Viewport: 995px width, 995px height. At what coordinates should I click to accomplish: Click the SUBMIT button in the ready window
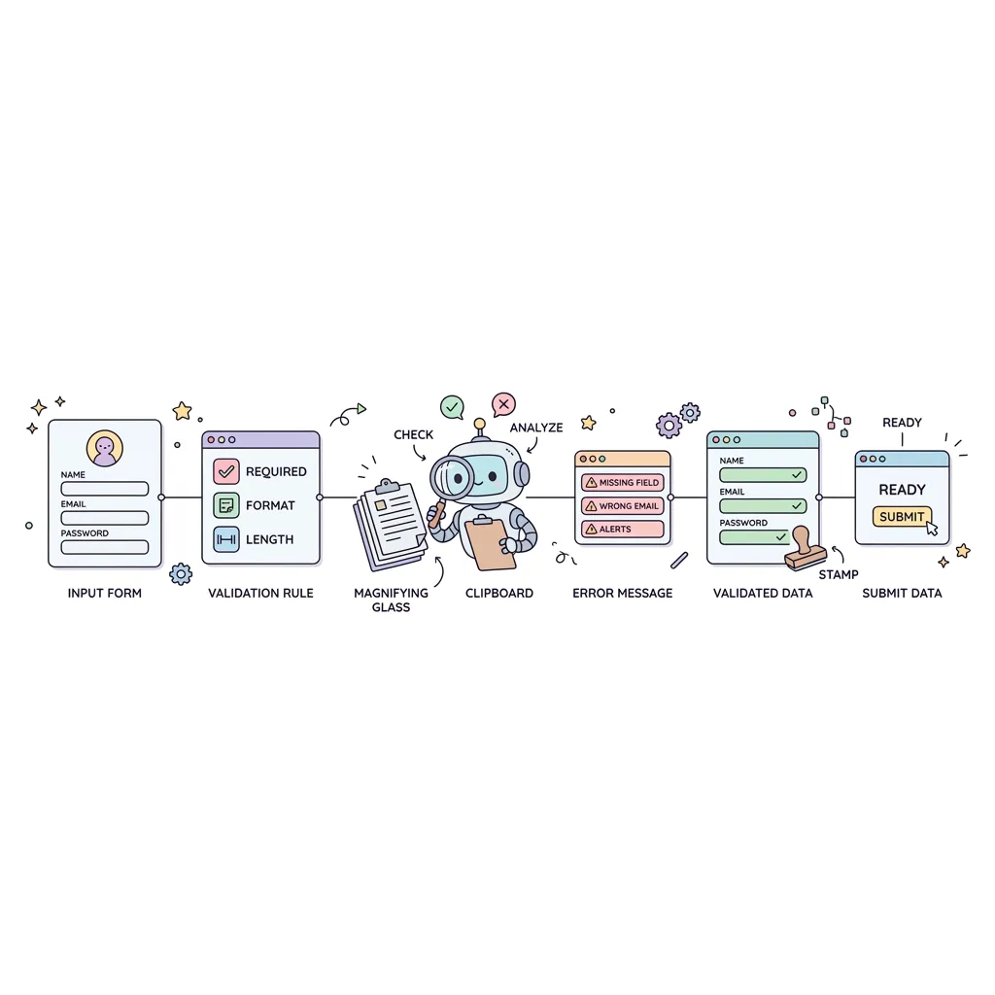(901, 517)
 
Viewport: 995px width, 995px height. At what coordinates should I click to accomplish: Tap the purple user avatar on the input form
(105, 449)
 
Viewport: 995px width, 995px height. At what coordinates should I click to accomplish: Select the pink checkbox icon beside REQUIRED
(225, 471)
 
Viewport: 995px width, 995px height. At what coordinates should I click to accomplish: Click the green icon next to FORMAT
(225, 505)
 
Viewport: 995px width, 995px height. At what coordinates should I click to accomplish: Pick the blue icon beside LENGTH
(225, 539)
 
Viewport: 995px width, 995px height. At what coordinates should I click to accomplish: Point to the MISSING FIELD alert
(623, 482)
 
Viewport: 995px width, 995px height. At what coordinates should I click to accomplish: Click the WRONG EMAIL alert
(623, 505)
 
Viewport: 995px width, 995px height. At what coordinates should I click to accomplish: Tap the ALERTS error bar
(623, 529)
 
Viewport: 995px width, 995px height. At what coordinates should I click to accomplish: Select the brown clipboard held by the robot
(491, 543)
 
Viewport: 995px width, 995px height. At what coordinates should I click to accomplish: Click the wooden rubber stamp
(805, 549)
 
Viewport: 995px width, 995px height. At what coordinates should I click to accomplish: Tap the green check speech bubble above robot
(452, 407)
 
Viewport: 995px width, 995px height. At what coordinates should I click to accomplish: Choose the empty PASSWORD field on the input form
(105, 547)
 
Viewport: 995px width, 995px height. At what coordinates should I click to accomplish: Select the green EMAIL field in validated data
(763, 505)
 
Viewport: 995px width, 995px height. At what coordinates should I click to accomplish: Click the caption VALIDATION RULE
(260, 594)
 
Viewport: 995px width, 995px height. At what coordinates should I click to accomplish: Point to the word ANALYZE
(536, 428)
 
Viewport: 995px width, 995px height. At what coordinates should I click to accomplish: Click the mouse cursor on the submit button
(932, 528)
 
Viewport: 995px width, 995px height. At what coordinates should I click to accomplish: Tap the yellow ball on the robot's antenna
(480, 424)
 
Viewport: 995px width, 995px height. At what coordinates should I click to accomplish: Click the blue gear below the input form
(181, 574)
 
